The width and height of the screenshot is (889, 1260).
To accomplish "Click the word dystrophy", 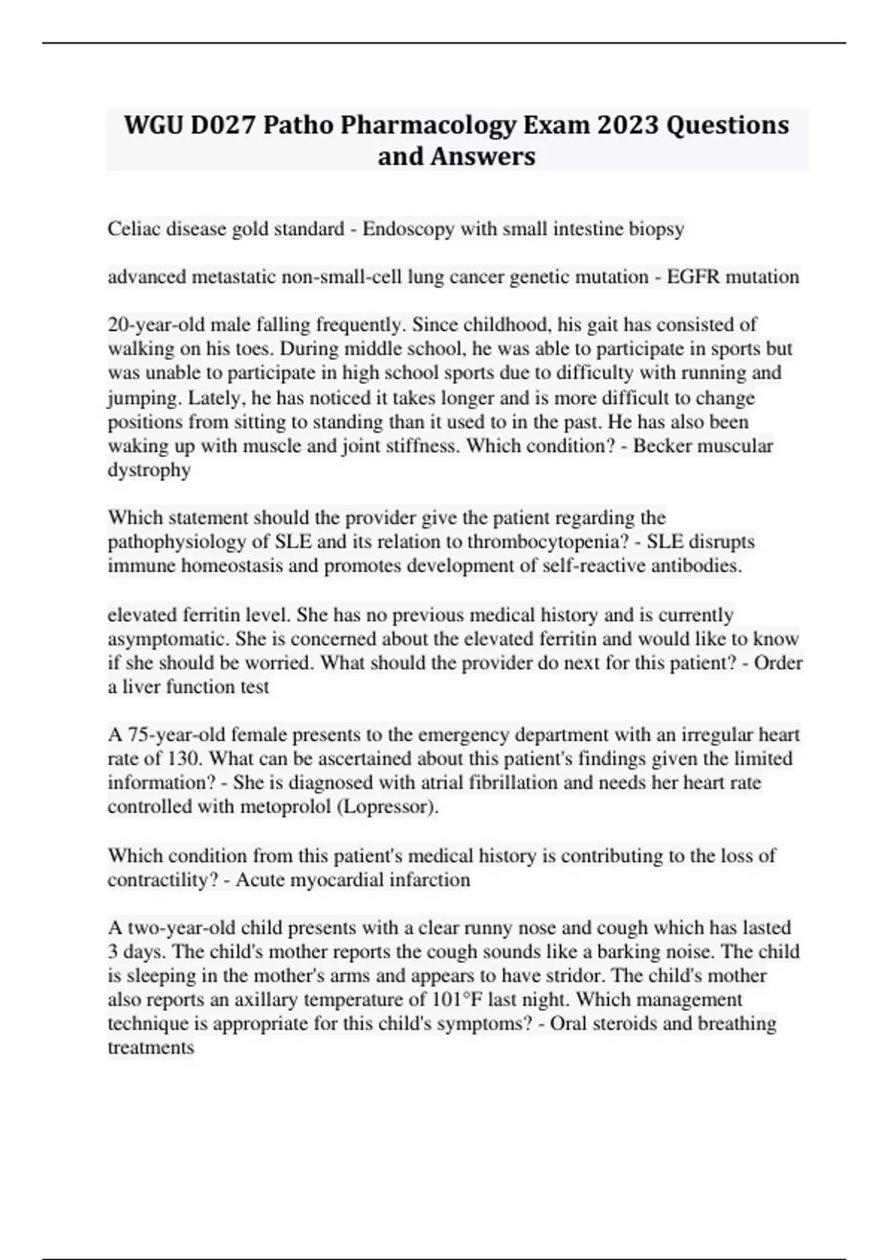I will pos(149,470).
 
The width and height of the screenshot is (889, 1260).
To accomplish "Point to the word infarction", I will pos(432,880).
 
